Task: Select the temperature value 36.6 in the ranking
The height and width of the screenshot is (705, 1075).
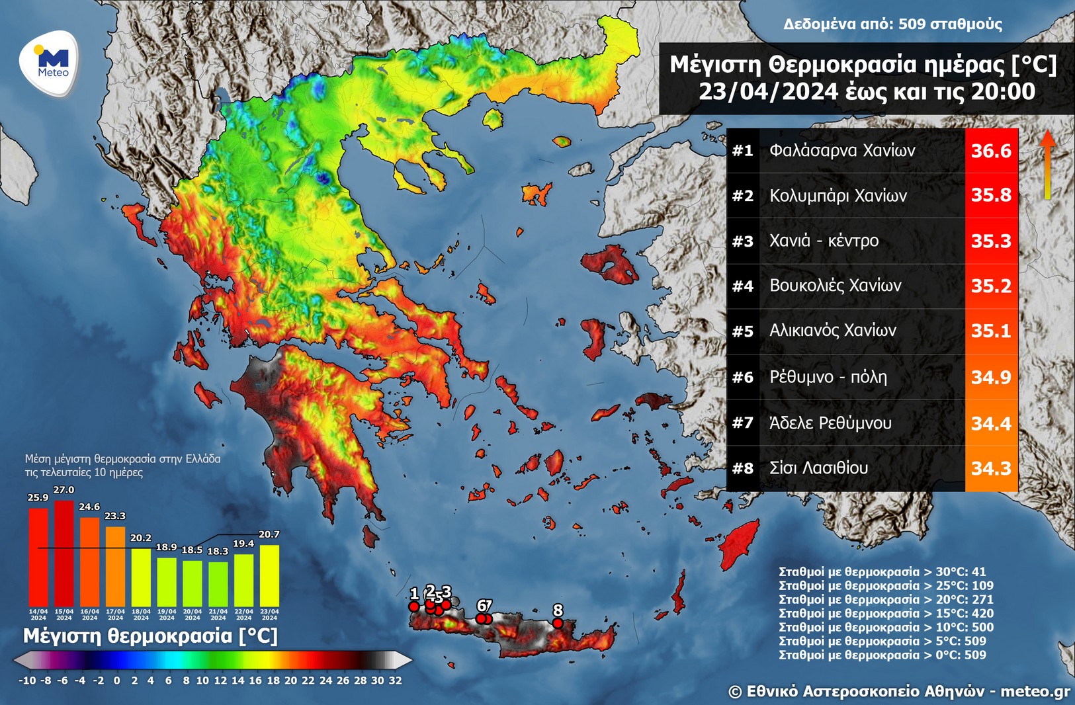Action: (990, 151)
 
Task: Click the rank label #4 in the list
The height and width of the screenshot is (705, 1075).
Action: (742, 286)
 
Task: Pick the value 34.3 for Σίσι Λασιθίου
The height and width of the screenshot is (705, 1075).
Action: (990, 469)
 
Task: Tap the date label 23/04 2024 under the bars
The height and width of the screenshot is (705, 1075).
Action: (269, 614)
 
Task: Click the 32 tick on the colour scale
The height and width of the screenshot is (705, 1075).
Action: (395, 681)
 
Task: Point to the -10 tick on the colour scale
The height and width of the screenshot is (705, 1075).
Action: (27, 681)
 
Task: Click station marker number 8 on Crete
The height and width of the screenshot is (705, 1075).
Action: (558, 623)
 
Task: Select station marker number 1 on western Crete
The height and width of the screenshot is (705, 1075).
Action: (414, 606)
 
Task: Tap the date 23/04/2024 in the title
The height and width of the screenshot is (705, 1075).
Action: (769, 91)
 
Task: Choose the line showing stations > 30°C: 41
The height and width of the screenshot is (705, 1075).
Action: (882, 571)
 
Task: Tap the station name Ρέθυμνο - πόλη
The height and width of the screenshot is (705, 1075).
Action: (828, 377)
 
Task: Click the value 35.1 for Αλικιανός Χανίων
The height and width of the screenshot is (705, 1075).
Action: (990, 331)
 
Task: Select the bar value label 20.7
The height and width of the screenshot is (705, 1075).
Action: (269, 534)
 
